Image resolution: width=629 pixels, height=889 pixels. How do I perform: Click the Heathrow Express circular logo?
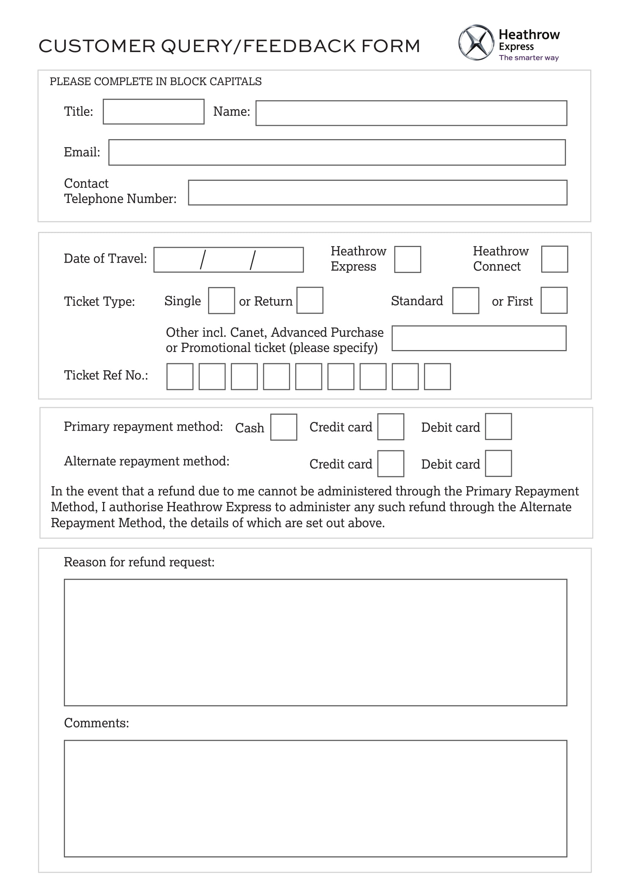click(476, 43)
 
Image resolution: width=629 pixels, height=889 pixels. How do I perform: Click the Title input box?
click(153, 111)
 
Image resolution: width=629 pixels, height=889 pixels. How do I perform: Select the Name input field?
click(411, 113)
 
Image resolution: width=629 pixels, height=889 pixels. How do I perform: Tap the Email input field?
click(337, 152)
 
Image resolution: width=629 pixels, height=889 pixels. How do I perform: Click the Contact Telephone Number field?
click(377, 192)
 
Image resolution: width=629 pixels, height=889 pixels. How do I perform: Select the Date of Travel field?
click(228, 260)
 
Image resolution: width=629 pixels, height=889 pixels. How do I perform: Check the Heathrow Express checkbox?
click(407, 260)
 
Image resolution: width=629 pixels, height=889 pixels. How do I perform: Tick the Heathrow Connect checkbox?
click(554, 259)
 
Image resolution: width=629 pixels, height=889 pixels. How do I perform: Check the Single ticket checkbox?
click(221, 301)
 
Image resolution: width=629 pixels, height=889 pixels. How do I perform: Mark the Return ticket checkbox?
click(310, 300)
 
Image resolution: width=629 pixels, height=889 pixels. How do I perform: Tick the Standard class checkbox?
click(465, 301)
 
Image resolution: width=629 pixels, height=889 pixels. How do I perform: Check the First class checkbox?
click(554, 300)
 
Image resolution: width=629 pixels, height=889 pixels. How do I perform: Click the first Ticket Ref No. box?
click(180, 376)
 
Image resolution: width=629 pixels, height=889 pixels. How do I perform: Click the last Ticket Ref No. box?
click(437, 376)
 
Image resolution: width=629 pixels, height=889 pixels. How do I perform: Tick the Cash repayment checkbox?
click(284, 427)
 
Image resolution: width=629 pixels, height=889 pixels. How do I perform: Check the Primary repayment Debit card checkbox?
click(498, 427)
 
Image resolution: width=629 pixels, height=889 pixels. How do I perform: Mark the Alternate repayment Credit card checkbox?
click(391, 463)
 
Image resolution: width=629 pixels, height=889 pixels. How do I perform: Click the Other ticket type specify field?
click(479, 338)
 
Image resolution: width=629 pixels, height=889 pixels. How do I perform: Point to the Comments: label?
click(97, 723)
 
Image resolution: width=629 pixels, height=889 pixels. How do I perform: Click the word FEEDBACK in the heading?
click(299, 46)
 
